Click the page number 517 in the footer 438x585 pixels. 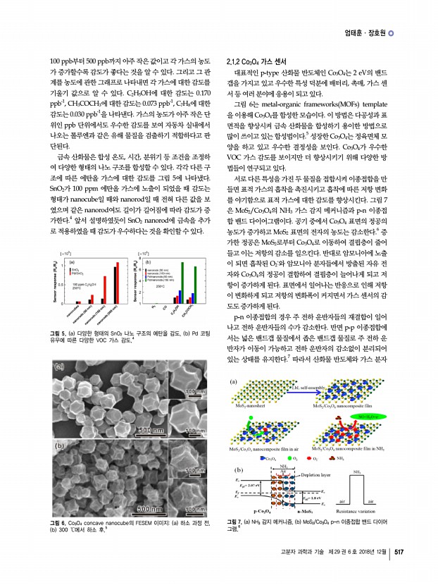tap(399, 571)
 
